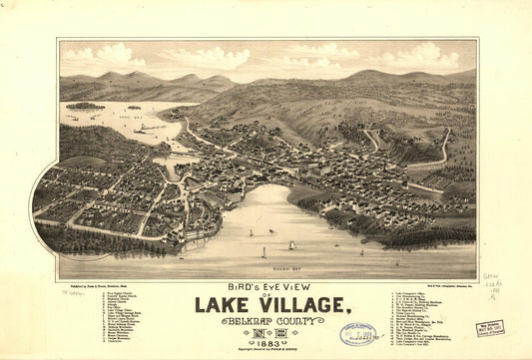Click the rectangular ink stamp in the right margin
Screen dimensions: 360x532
[x=490, y=328]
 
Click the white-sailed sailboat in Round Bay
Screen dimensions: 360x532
[x=291, y=245]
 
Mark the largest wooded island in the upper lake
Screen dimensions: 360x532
[x=85, y=106]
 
